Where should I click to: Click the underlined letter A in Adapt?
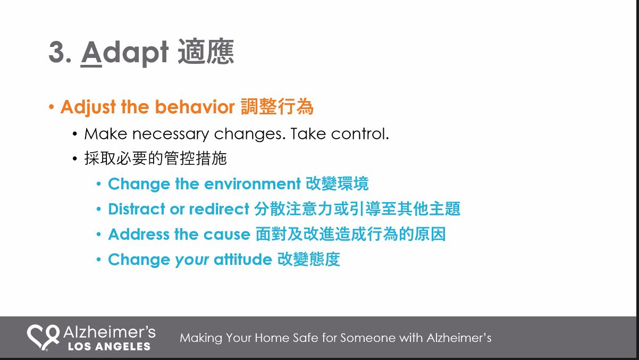tap(91, 52)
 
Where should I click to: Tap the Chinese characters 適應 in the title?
tap(206, 52)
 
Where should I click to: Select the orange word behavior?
tap(195, 107)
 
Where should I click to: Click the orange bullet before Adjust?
tap(52, 107)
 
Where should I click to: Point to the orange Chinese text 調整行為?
tap(277, 107)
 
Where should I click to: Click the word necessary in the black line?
tap(170, 134)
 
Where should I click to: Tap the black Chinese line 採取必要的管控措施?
tap(155, 158)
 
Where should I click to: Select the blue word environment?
tap(253, 183)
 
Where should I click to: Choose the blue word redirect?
tap(219, 209)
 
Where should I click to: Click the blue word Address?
tap(139, 234)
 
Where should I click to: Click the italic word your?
tap(192, 261)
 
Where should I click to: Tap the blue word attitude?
tap(243, 259)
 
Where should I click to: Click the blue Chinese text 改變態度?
tap(309, 259)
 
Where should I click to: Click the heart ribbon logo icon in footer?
tap(43, 337)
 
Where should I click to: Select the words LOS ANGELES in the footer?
tap(109, 346)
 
